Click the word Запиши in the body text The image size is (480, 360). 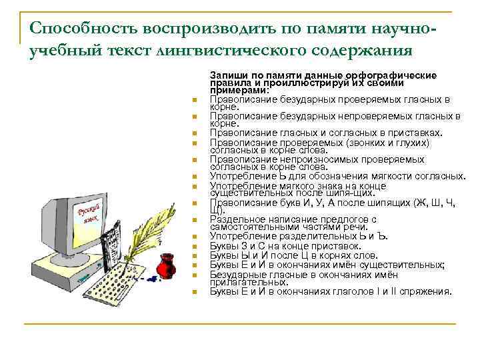[x=227, y=74]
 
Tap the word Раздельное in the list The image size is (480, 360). [x=237, y=219]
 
